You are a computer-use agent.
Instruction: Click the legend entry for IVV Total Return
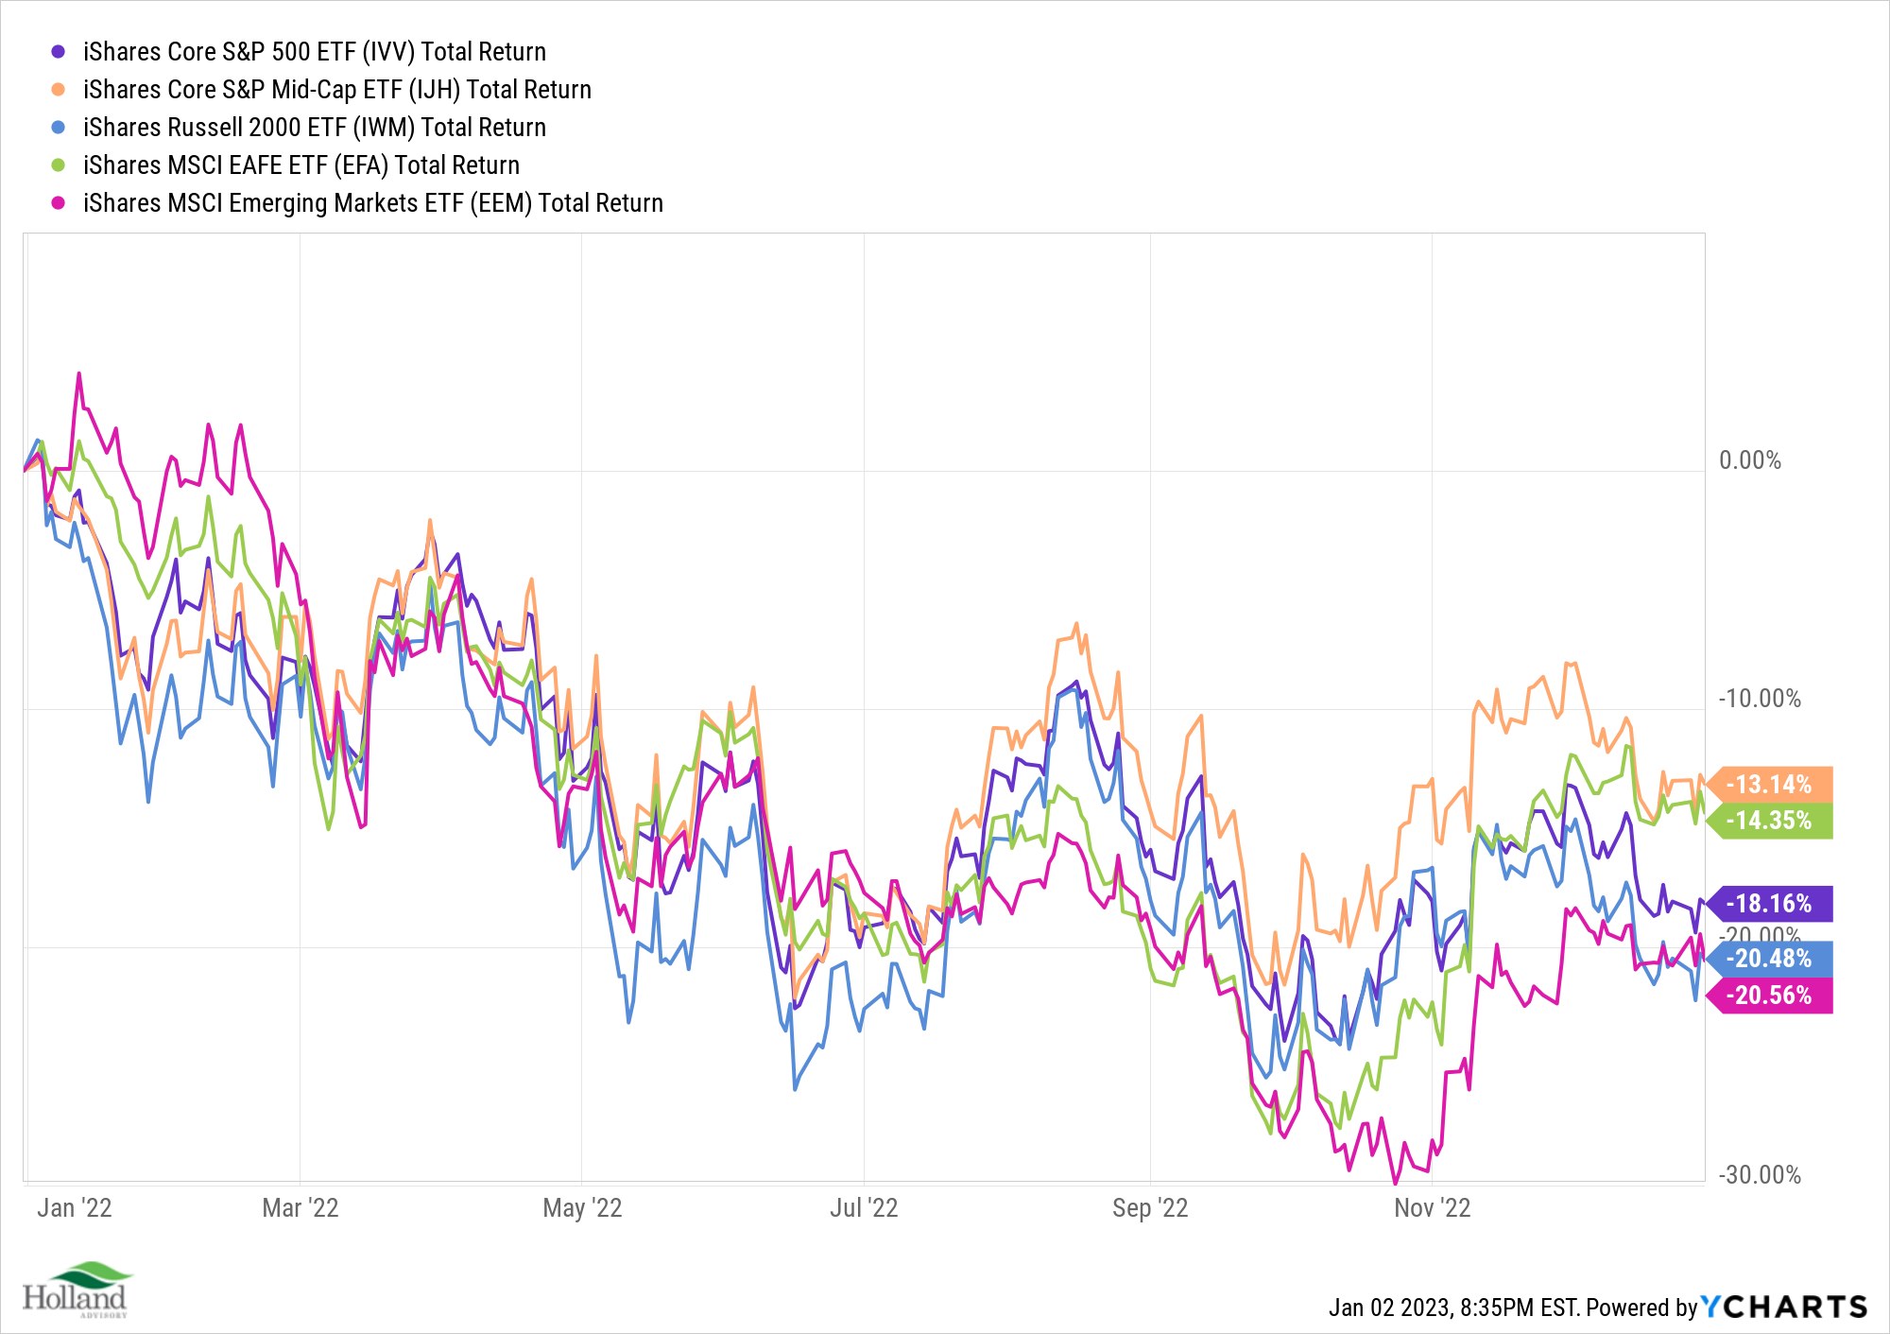click(x=314, y=52)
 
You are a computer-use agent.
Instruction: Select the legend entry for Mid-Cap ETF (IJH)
click(x=336, y=90)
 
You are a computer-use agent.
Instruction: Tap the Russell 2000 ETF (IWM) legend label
click(x=314, y=128)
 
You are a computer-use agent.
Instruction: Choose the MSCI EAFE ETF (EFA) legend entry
click(x=301, y=165)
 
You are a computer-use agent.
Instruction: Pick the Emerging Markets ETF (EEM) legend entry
click(x=372, y=203)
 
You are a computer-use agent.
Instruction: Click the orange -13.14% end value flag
click(x=1769, y=785)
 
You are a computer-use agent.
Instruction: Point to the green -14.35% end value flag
click(x=1769, y=821)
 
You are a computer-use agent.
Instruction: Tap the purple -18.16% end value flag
click(x=1769, y=904)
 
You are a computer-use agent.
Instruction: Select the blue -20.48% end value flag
click(x=1769, y=959)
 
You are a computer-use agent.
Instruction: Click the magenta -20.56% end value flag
click(x=1769, y=996)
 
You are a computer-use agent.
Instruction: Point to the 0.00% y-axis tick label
click(x=1749, y=460)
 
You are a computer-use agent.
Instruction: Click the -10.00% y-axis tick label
click(x=1759, y=699)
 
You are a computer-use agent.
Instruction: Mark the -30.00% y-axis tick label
click(x=1759, y=1175)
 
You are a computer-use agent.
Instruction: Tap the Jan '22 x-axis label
click(x=75, y=1208)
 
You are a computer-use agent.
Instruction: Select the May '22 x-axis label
click(x=582, y=1208)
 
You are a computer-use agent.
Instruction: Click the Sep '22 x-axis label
click(x=1150, y=1208)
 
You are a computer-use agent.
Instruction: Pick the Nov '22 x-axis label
click(x=1433, y=1208)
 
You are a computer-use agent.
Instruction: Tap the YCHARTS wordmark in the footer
click(x=1784, y=1308)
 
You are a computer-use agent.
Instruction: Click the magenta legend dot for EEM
click(x=59, y=203)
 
